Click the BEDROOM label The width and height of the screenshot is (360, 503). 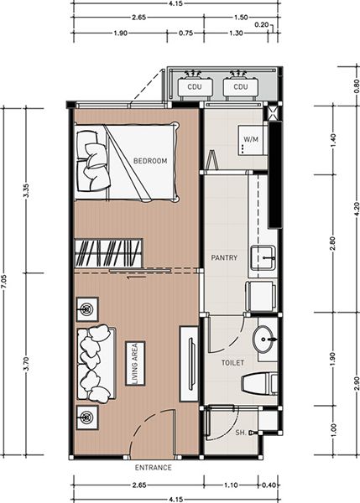(150, 161)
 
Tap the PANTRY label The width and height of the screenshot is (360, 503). (224, 257)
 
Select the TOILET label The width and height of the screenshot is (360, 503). (232, 363)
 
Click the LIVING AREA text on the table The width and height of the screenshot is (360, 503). (135, 363)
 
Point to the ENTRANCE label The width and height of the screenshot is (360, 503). (154, 468)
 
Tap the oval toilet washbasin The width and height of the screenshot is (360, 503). (264, 340)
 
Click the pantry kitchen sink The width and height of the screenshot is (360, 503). (263, 258)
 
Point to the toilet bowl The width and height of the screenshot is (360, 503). (259, 384)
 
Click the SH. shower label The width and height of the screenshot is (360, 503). (241, 433)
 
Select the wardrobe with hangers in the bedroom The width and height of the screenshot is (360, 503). (108, 253)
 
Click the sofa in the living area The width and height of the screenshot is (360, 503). (96, 364)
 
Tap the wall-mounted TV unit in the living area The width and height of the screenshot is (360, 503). (189, 364)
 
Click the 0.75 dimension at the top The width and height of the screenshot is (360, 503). (185, 33)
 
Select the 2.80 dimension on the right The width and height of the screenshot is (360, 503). (332, 243)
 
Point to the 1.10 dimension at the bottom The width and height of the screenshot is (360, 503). (231, 485)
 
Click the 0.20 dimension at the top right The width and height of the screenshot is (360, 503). (262, 24)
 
